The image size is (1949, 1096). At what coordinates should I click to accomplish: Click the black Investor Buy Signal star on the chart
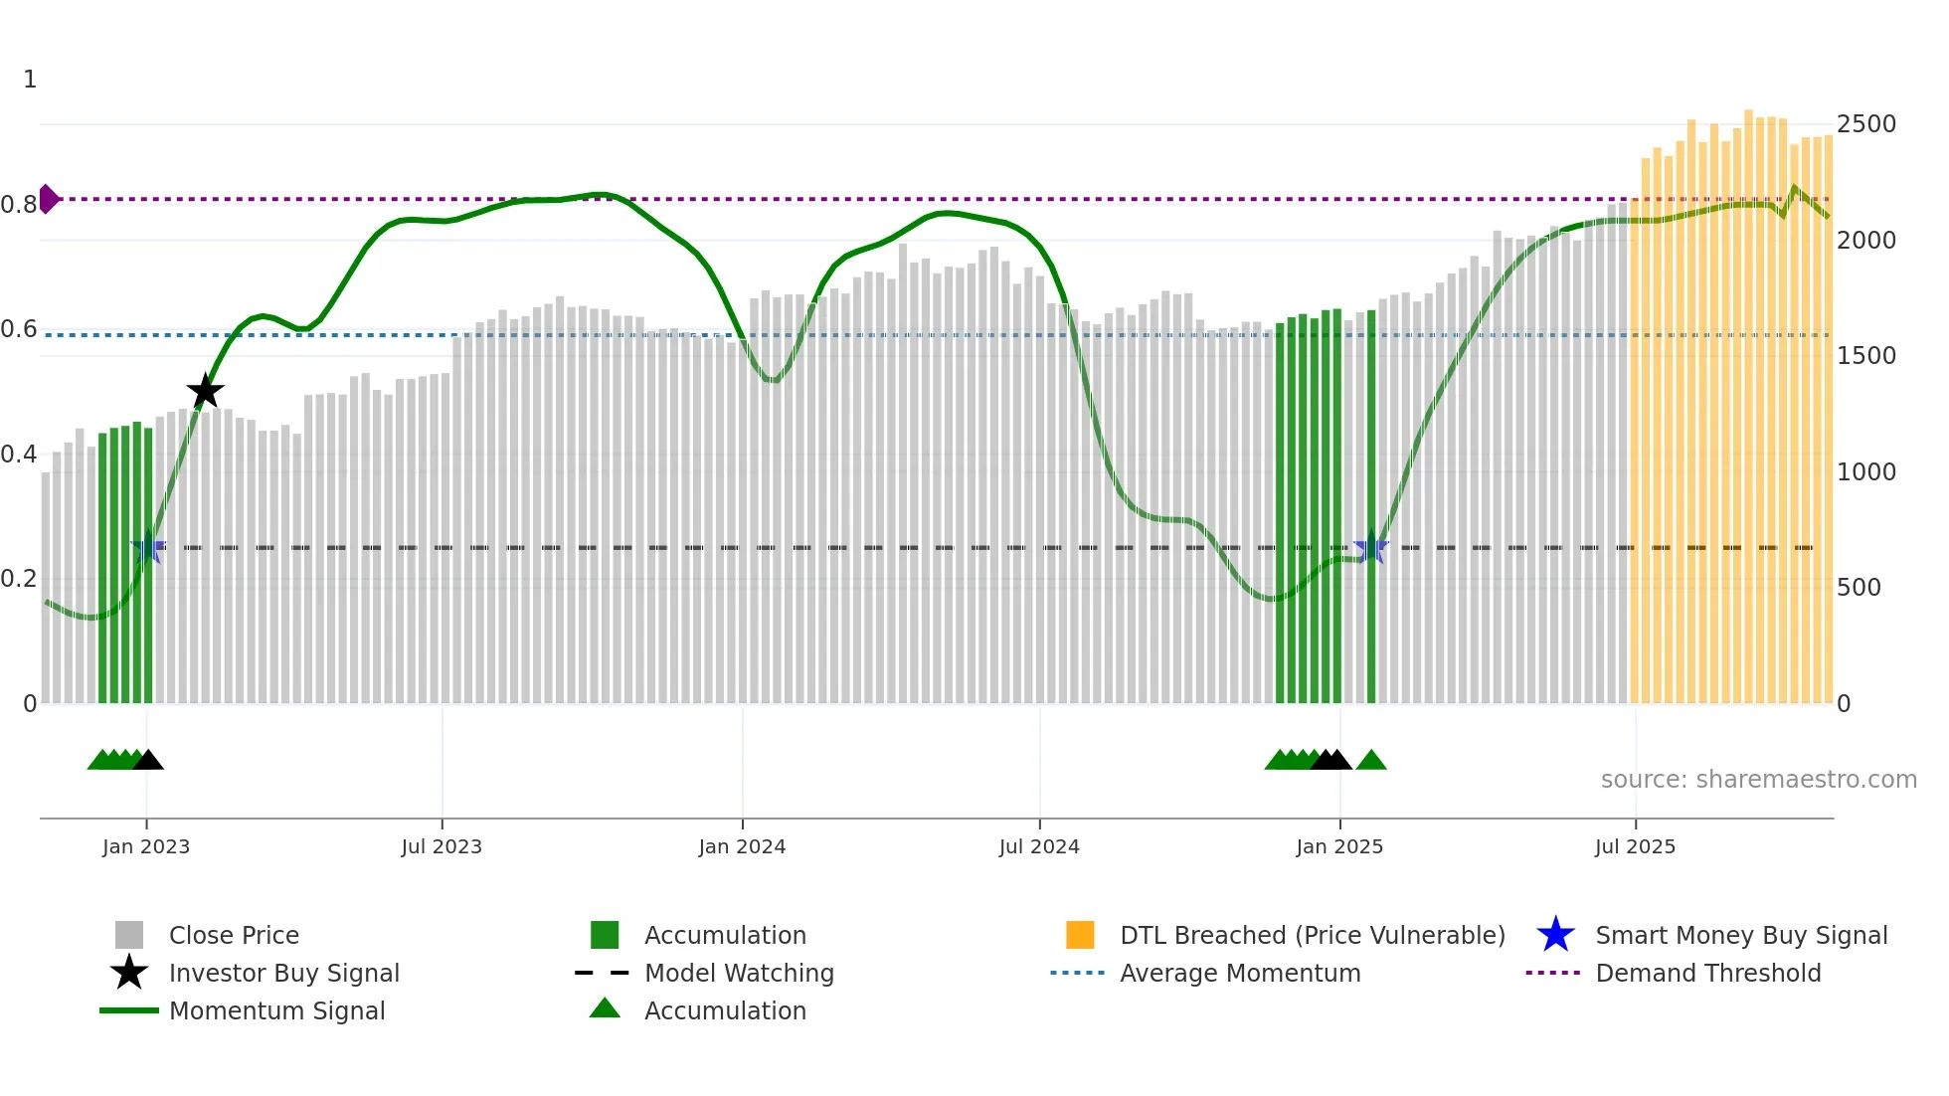206,391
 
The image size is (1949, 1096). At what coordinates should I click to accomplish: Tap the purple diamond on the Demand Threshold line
48,199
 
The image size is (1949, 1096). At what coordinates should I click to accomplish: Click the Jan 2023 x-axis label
146,846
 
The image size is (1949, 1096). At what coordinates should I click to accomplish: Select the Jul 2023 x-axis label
442,846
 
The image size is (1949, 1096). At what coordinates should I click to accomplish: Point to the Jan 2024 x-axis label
742,846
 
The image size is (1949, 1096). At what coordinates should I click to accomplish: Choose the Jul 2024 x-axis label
1039,846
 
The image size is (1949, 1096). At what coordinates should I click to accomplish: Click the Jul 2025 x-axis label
1635,846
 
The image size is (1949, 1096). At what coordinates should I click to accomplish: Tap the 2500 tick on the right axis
1865,124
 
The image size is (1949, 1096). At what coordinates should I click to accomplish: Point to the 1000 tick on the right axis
1865,471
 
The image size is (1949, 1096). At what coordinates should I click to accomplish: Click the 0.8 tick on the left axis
19,205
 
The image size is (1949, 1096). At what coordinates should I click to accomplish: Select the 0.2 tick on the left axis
19,579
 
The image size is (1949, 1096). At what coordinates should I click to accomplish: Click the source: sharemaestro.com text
1758,779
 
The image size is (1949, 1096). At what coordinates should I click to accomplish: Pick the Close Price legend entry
234,935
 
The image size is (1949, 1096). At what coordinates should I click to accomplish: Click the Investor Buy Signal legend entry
283,973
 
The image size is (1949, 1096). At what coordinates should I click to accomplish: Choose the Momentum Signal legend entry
276,1010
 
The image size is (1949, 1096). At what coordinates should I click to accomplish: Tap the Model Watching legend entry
739,973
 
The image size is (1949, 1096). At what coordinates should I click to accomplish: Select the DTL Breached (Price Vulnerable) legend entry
1312,935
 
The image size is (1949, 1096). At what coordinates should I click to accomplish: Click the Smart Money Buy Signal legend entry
1741,935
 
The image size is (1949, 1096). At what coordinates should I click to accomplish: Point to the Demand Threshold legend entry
1707,973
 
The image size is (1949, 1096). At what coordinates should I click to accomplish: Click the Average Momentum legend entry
1240,973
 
